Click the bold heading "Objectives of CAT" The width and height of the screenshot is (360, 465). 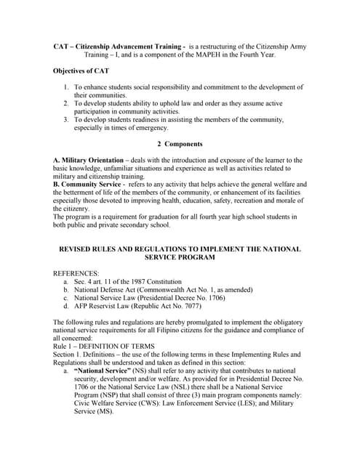[81, 70]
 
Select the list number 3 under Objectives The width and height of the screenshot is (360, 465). [65, 119]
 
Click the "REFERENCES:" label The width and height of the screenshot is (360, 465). [76, 273]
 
